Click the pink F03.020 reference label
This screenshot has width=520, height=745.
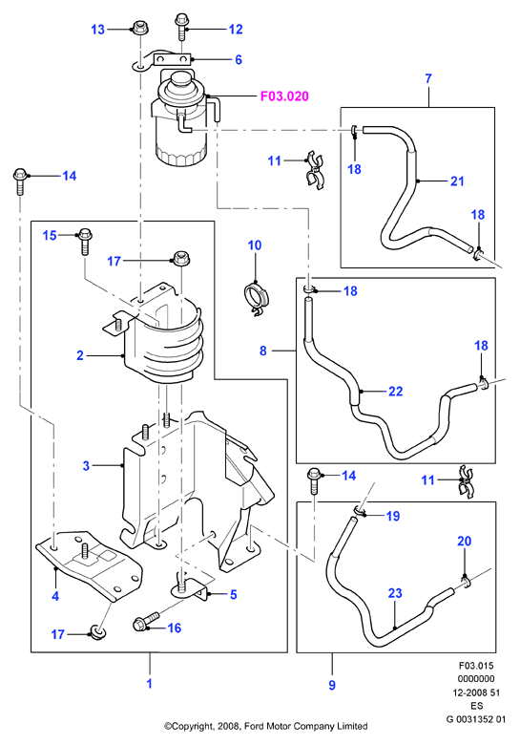coord(284,96)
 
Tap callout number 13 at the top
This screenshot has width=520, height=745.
coord(97,30)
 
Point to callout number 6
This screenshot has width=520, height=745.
coord(239,59)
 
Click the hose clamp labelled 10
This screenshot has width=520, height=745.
coord(257,298)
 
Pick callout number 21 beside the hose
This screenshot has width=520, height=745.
coord(457,181)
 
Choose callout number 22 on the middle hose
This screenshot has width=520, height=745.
coord(396,391)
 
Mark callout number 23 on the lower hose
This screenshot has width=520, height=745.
coord(395,593)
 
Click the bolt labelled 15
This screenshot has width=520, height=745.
coord(86,241)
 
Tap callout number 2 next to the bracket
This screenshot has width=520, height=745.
coord(80,355)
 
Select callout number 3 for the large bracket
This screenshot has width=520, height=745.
coord(86,465)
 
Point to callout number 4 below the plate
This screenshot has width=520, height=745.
coord(55,595)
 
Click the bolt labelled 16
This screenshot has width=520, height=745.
coord(148,622)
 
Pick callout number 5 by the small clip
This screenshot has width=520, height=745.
coord(234,594)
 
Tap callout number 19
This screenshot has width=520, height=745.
coord(393,516)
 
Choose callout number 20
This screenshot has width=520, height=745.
coord(465,541)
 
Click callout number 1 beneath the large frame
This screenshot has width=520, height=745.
coord(150,683)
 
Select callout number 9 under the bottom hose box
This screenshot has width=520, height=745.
coord(332,685)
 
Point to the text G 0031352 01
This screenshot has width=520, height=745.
coord(476,719)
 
